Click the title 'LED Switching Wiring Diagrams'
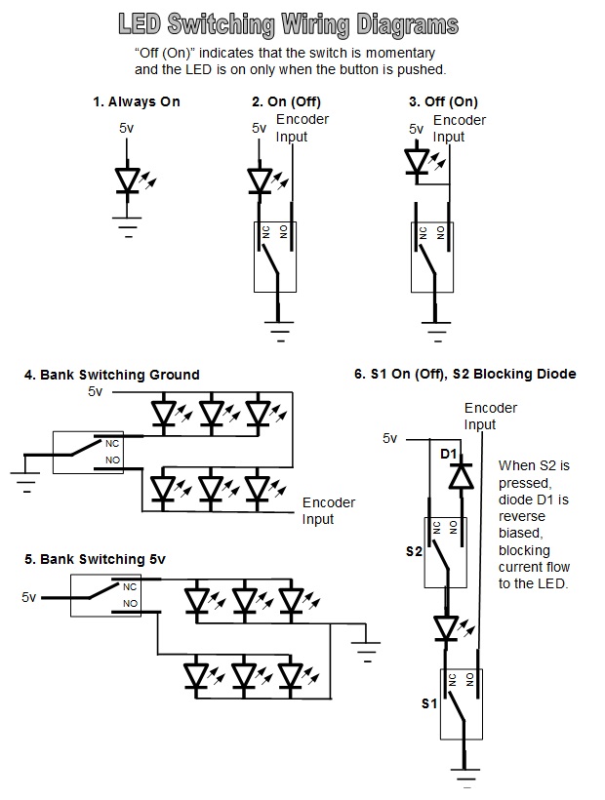tap(287, 23)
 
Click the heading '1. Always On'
tap(137, 101)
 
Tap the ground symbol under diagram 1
tap(128, 230)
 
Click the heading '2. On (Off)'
tap(286, 101)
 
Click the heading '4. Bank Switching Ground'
tap(112, 375)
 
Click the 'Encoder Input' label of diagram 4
tap(329, 511)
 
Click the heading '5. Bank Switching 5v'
tap(96, 559)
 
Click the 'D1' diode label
tap(449, 455)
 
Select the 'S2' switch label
tap(415, 551)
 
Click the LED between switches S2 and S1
tap(447, 628)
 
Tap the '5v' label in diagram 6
tap(390, 438)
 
